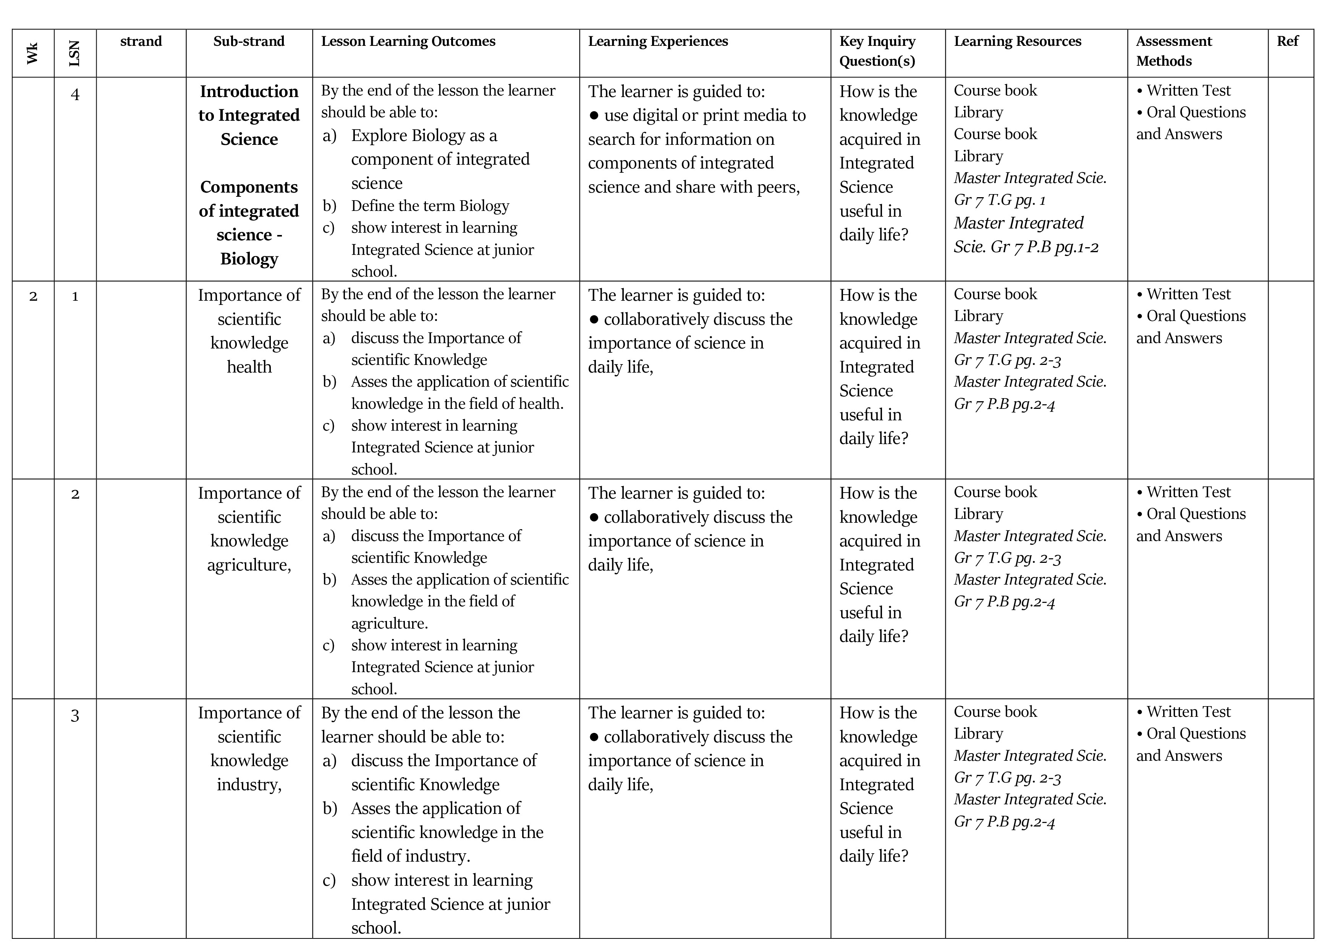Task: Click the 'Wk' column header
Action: pyautogui.click(x=33, y=53)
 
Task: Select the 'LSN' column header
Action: pyautogui.click(x=75, y=53)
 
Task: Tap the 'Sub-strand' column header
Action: pyautogui.click(x=249, y=41)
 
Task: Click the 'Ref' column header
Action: pyautogui.click(x=1287, y=41)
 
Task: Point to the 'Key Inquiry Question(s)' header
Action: pyautogui.click(x=877, y=51)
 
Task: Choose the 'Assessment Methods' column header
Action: pyautogui.click(x=1174, y=51)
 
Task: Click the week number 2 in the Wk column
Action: pyautogui.click(x=33, y=297)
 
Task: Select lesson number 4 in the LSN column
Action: pyautogui.click(x=75, y=94)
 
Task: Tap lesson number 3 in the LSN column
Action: pyautogui.click(x=75, y=716)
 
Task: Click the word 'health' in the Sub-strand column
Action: pyautogui.click(x=249, y=367)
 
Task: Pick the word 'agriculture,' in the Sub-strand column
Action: pyautogui.click(x=249, y=565)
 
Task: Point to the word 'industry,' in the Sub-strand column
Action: pyautogui.click(x=249, y=784)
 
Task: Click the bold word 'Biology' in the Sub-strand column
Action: pyautogui.click(x=249, y=259)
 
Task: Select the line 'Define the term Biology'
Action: pyautogui.click(x=430, y=206)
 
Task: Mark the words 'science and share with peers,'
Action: pyautogui.click(x=694, y=187)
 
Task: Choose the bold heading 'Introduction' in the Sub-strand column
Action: pyautogui.click(x=249, y=92)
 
